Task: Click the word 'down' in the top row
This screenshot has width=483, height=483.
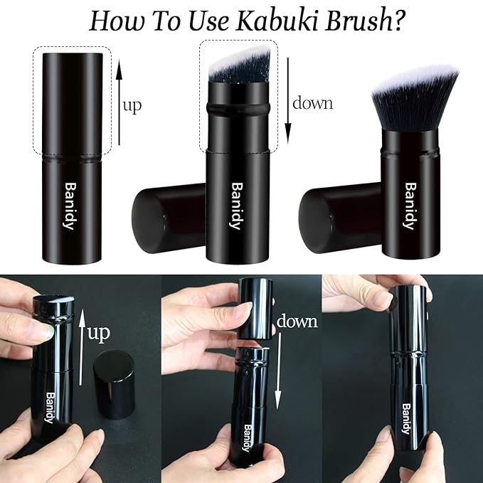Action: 312,102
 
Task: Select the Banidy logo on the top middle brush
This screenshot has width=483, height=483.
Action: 235,206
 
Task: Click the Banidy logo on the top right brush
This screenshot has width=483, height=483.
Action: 409,206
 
